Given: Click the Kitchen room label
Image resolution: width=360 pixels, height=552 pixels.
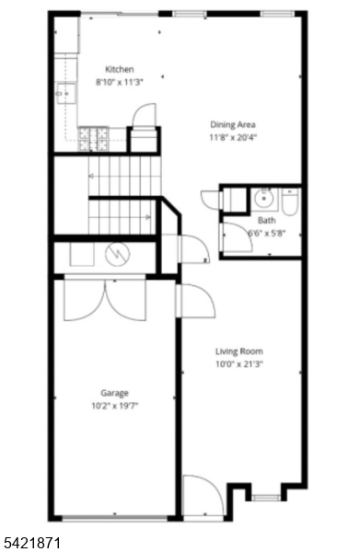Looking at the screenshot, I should click(x=120, y=69).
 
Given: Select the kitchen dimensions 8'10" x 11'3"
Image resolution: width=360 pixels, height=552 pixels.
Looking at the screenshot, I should click(x=120, y=82).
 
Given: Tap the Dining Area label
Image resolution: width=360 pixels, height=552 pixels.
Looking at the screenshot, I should click(x=232, y=124).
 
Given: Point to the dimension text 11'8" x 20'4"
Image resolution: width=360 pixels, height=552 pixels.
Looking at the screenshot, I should click(x=232, y=137).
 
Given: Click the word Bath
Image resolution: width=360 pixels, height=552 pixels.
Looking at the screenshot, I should click(x=266, y=221).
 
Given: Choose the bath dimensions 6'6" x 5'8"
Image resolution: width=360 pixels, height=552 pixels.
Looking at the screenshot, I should click(x=266, y=234).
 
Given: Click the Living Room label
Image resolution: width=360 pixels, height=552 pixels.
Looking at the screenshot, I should click(x=239, y=351).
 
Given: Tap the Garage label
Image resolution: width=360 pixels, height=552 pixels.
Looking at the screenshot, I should click(x=115, y=392).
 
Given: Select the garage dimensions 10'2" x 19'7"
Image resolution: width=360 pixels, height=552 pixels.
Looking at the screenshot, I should click(x=115, y=405).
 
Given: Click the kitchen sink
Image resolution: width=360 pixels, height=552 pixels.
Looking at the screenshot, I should click(x=64, y=92).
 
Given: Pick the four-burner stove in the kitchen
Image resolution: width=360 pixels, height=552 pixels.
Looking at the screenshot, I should click(x=94, y=139).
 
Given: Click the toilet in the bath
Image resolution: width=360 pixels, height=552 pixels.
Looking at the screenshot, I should click(x=289, y=200).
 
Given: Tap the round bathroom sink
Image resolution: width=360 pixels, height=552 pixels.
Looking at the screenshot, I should click(x=264, y=196).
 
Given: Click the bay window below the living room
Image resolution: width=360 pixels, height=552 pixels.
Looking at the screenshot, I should click(x=266, y=498).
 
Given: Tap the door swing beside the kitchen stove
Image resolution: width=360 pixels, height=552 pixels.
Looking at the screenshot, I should click(x=144, y=116).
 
